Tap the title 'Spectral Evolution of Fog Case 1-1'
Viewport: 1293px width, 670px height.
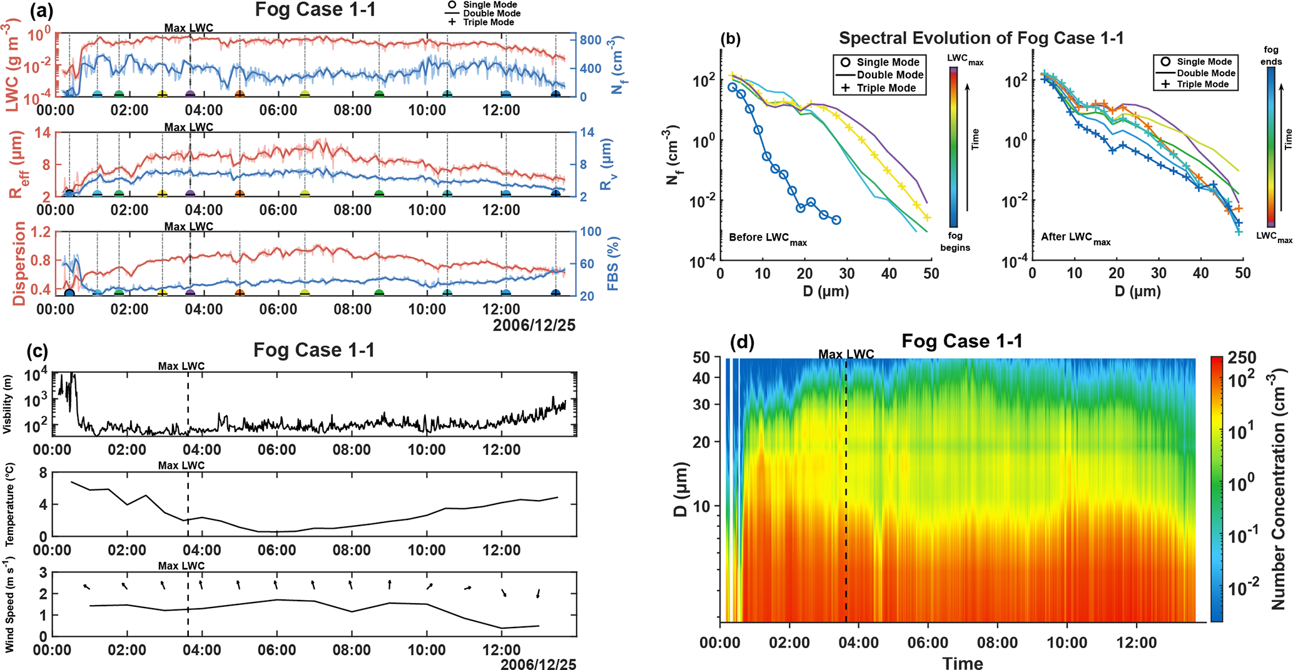click(x=981, y=38)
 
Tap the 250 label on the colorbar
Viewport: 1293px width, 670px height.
click(x=1242, y=357)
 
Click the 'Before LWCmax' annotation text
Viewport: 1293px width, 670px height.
click(x=768, y=239)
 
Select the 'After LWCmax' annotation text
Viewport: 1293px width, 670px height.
click(x=1075, y=239)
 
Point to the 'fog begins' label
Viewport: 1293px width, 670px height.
click(x=955, y=241)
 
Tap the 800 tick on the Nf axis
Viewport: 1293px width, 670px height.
click(x=591, y=40)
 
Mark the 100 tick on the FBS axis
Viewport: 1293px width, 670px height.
click(x=591, y=232)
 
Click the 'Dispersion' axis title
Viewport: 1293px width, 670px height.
click(x=20, y=263)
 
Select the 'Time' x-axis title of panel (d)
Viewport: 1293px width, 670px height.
click(x=963, y=663)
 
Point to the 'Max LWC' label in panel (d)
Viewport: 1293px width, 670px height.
click(x=846, y=354)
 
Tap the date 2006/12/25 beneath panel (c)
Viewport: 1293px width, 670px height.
click(x=538, y=664)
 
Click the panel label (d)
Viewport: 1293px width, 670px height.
click(x=742, y=342)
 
